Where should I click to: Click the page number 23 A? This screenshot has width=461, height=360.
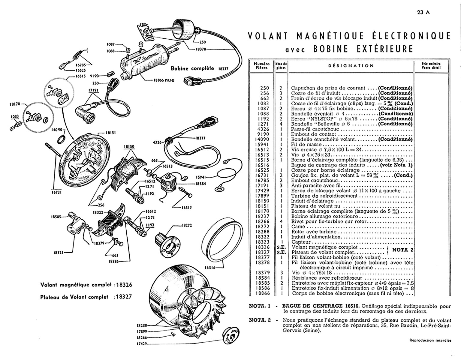point(423,13)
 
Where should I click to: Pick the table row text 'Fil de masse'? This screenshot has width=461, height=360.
point(306,145)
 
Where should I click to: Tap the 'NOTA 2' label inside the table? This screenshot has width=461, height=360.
point(403,250)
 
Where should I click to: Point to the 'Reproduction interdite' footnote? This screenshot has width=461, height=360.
point(430,340)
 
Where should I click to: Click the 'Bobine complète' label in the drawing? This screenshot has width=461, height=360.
point(192,68)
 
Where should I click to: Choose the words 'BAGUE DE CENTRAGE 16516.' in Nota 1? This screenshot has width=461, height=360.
point(321,306)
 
